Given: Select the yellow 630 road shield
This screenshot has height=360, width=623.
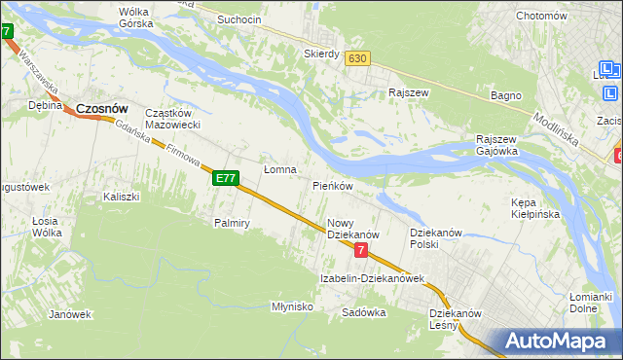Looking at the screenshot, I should pos(357,58).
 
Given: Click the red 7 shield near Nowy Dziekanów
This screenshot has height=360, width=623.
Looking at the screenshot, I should pos(361,250).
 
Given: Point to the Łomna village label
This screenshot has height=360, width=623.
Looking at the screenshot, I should pos(279,169).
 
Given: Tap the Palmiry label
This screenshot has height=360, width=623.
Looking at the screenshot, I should pos(233,223).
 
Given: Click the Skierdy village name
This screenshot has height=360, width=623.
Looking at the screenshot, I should pos(321,54).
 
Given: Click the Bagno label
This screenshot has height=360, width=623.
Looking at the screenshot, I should pos(507,95).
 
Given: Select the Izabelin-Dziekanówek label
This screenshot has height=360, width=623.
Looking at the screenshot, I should pos(373,278).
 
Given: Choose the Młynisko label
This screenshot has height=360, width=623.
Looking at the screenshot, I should pos(292,306).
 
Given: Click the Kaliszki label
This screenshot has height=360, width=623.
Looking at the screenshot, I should pos(122,197).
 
